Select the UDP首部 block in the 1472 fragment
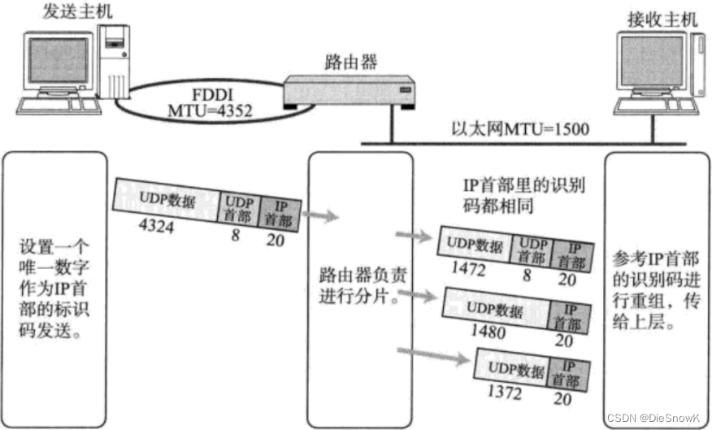(532, 249)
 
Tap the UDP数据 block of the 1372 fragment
(516, 371)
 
